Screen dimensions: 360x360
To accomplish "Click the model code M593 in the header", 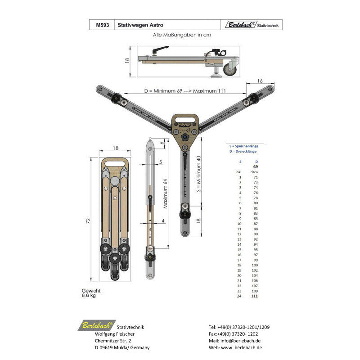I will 102,26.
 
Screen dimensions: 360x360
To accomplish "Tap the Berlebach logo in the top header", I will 241,25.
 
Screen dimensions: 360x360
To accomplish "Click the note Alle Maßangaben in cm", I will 186,35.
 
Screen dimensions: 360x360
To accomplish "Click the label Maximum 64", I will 165,193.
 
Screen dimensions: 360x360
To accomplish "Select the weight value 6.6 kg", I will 89,296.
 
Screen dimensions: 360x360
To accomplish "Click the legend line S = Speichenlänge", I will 246,146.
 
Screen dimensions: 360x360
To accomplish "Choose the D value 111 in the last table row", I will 255,296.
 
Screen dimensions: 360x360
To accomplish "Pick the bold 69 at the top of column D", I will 255,166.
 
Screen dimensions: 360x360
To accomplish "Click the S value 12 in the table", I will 239,234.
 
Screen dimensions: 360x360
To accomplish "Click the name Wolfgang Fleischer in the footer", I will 114,334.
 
